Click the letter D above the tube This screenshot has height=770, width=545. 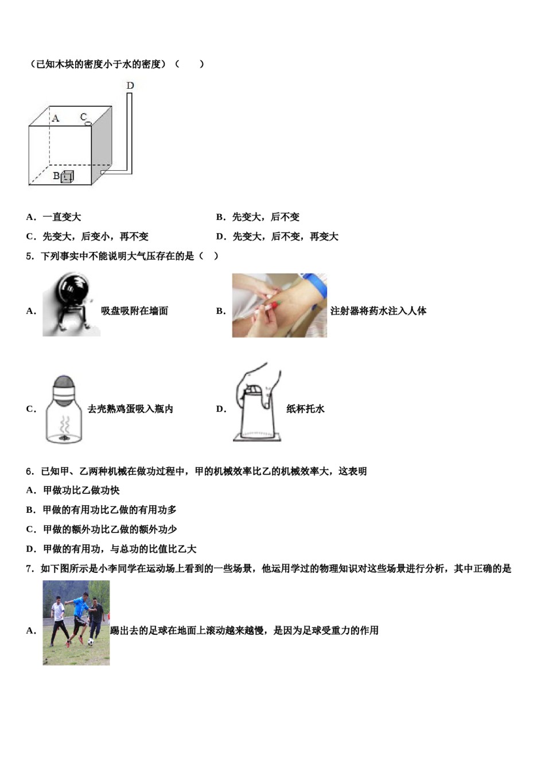pos(130,86)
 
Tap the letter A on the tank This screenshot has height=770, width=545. pos(56,119)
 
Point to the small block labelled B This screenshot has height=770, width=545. pos(67,177)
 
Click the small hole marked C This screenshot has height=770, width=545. pos(88,123)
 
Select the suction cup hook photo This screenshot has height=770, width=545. pos(71,304)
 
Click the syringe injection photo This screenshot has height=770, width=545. pos(279,305)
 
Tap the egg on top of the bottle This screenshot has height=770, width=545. pos(64,382)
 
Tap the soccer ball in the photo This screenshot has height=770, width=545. pos(90,642)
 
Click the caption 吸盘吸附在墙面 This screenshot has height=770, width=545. pos(134,311)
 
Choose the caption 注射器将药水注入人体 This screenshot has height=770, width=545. pos(378,311)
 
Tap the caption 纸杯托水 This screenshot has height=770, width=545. pos(305,409)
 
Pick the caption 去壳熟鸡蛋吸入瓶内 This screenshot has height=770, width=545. pos(130,409)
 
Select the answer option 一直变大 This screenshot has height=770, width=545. pos(61,217)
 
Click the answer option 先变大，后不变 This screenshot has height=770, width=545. pos(266,217)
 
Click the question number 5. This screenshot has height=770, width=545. pos(30,256)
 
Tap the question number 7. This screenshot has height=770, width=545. pos(30,569)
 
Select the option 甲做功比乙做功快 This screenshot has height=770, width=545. pos(81,490)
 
